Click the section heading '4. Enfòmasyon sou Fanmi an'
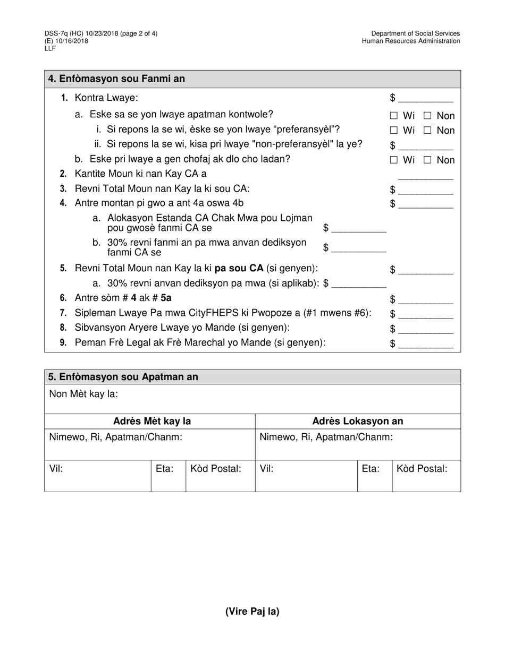point(116,79)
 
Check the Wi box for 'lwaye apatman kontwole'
point(393,116)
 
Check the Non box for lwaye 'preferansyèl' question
point(427,131)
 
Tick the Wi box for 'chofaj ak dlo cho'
point(393,160)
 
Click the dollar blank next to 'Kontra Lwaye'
point(425,99)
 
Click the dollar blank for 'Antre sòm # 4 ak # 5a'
point(425,300)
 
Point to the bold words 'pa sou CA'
point(239,269)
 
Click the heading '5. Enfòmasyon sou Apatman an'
point(123,377)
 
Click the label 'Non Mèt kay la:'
point(83,394)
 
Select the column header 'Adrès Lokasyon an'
point(358,422)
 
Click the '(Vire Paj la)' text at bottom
point(252,611)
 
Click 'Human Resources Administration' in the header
point(411,41)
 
